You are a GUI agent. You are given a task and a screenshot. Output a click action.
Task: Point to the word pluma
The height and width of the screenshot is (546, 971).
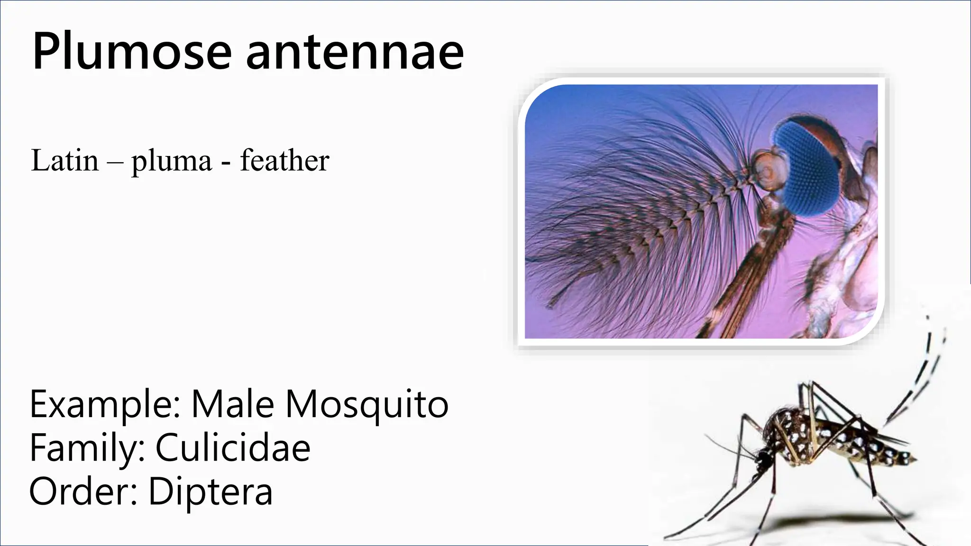tap(172, 161)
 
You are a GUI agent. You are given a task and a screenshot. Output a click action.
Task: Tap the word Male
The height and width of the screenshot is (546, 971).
tap(232, 404)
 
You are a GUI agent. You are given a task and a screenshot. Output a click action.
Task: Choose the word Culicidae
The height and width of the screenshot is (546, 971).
tap(233, 447)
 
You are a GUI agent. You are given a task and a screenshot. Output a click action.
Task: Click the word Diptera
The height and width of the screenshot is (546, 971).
tap(211, 491)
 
